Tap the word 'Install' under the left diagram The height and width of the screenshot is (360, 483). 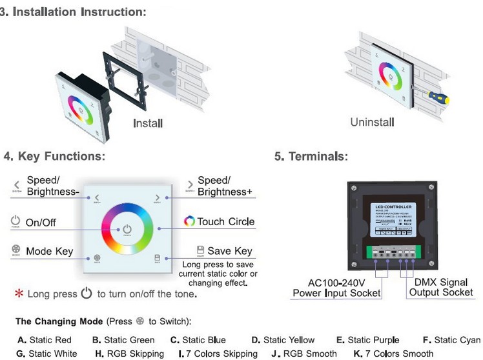(148, 123)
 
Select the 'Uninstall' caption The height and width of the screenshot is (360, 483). (372, 122)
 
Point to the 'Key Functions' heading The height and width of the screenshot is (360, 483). (54, 157)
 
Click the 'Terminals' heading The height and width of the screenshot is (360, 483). (311, 157)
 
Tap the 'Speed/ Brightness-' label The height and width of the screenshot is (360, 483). (52, 186)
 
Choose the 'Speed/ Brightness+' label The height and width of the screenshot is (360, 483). (224, 186)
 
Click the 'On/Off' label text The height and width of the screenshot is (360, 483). (41, 223)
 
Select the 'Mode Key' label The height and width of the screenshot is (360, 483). (49, 251)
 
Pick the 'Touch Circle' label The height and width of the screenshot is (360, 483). (226, 221)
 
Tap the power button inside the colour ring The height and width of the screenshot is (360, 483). (127, 230)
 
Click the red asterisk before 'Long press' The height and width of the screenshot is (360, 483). (19, 294)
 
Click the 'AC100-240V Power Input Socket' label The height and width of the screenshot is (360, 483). (336, 288)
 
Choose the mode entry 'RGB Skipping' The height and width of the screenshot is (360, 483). (131, 354)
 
